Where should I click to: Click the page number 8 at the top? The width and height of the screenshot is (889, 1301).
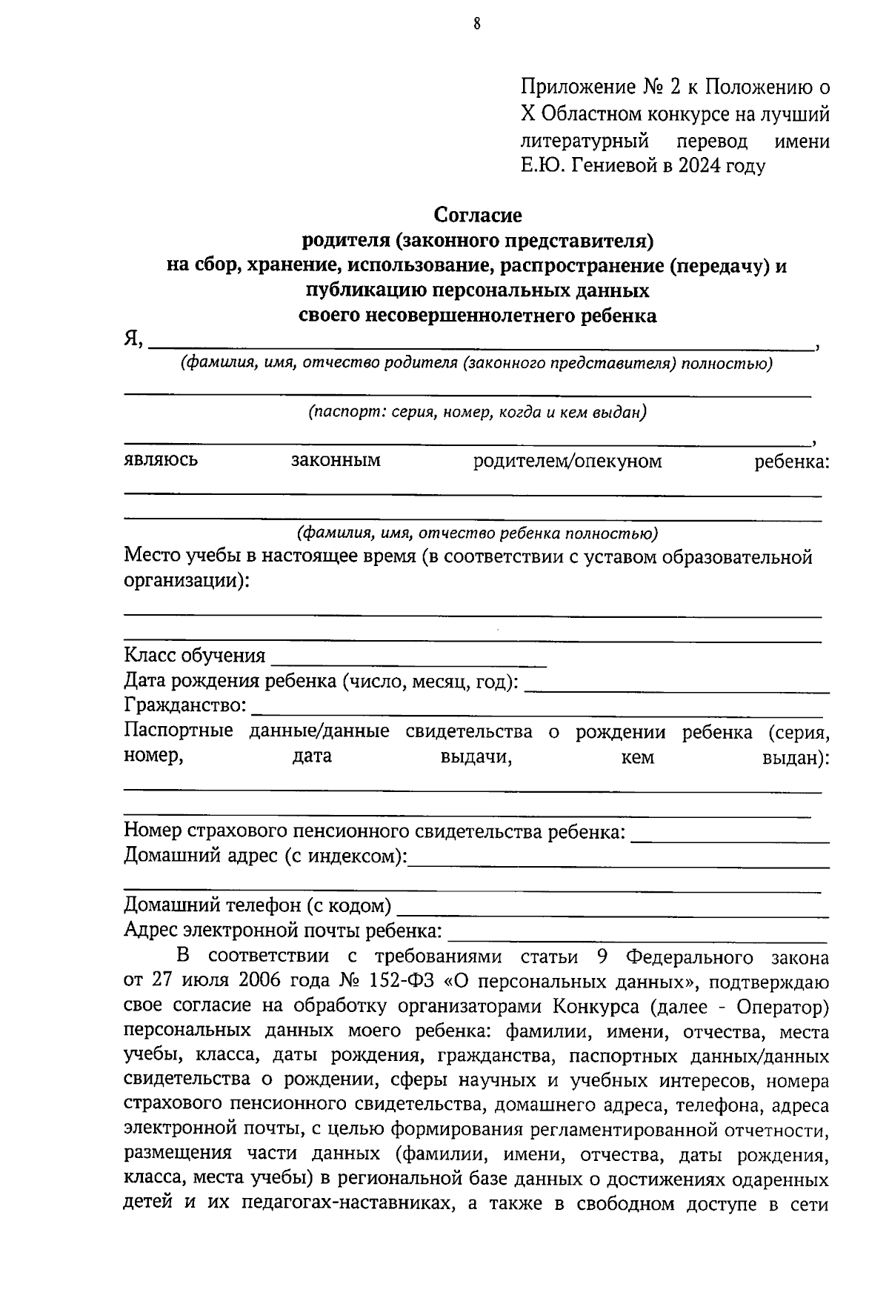[x=477, y=24]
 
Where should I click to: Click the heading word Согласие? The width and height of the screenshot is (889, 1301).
[x=477, y=215]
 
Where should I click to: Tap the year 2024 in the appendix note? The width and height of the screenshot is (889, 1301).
[x=700, y=165]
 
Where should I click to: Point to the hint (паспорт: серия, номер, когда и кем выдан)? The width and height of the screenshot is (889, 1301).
[x=477, y=413]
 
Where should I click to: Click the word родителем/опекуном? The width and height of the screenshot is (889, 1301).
[x=567, y=462]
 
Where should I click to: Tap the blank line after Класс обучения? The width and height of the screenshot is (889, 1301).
[x=409, y=658]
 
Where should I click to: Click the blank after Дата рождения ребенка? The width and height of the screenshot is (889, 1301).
[x=676, y=683]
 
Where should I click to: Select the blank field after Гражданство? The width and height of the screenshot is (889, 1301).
[x=537, y=708]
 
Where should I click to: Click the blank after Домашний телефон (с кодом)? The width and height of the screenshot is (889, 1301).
[x=612, y=908]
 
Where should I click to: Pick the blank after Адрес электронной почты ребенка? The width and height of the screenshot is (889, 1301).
[x=637, y=931]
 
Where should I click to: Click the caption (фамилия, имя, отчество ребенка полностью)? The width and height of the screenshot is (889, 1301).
[x=477, y=533]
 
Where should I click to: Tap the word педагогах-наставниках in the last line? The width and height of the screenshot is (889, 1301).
[x=347, y=1204]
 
